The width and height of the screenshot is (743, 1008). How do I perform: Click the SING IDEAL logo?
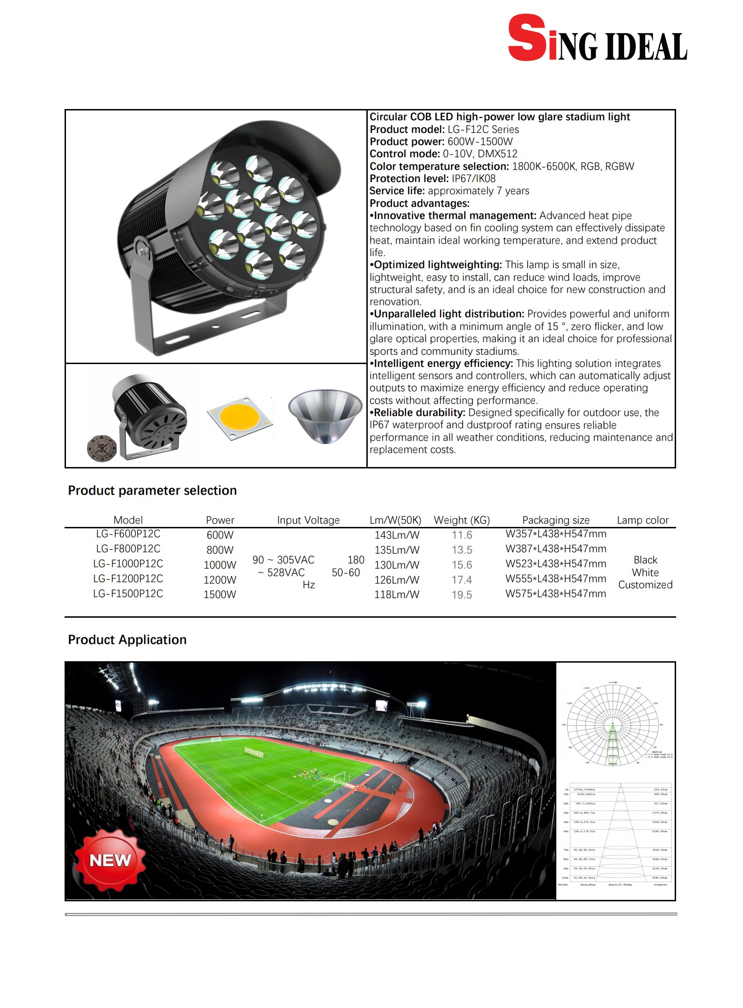coord(597,39)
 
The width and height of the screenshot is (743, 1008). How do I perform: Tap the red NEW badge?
coord(110,860)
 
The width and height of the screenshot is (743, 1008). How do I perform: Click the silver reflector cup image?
coord(325,415)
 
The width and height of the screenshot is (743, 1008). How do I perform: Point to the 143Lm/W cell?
coord(397,535)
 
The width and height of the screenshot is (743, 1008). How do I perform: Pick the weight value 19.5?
coord(462,595)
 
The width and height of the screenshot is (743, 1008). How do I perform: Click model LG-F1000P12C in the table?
coord(128,564)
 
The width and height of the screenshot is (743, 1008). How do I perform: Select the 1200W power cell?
coord(220,580)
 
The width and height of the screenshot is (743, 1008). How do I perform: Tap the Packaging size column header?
coord(556,520)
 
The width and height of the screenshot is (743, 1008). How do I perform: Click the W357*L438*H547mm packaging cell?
coord(556,534)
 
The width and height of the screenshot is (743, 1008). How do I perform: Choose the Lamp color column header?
coord(642,520)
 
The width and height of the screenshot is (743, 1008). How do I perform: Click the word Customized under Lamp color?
coord(645,585)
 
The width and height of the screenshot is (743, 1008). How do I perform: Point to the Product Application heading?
coord(127,640)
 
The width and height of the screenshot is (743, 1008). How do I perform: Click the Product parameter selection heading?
coord(152,490)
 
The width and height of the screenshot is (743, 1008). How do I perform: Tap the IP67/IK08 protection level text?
coord(473,179)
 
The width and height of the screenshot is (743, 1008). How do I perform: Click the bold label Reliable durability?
coord(419,413)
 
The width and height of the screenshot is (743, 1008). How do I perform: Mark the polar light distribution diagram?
coord(612,725)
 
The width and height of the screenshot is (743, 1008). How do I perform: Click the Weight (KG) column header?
coord(462,520)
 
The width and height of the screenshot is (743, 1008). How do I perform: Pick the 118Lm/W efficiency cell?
coord(397,595)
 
